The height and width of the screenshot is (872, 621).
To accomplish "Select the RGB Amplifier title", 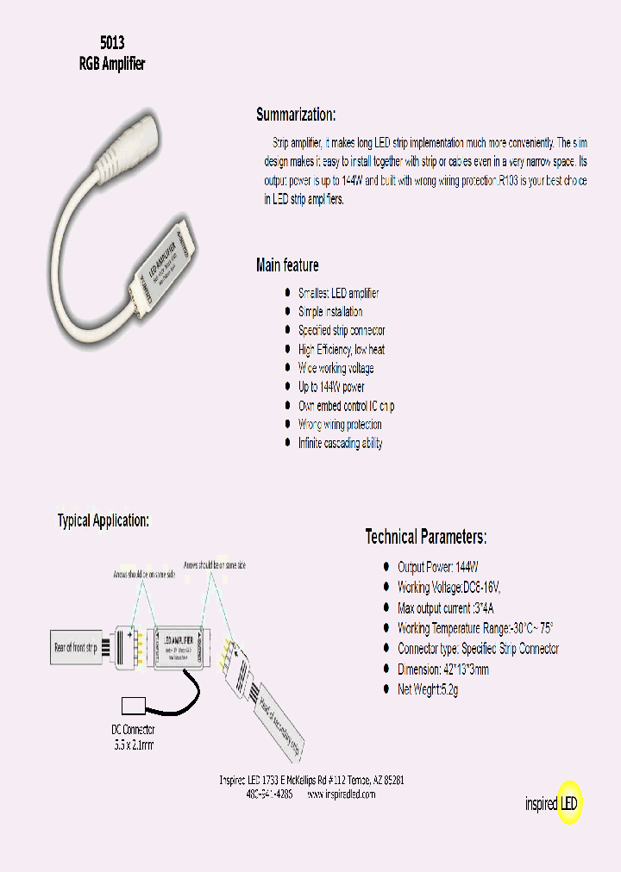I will click(x=112, y=65).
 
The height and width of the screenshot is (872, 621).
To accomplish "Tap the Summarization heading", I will click(x=296, y=115).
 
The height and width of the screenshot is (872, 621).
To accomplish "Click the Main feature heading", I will click(x=287, y=265).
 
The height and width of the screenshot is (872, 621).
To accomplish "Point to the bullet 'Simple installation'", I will click(x=330, y=312).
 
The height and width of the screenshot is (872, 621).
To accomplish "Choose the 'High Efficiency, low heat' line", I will click(x=342, y=350).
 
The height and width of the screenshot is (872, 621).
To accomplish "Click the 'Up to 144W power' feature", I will click(x=331, y=387).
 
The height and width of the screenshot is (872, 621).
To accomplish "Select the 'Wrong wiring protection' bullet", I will click(x=340, y=425).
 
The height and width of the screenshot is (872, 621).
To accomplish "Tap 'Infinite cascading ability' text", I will click(x=341, y=444).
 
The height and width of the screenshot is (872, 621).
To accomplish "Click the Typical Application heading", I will click(x=103, y=520).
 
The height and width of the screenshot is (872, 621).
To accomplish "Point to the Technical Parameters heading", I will click(x=426, y=538).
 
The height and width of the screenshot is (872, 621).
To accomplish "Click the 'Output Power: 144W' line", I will click(x=437, y=567).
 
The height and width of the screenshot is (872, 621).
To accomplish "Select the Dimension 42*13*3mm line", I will click(x=443, y=670).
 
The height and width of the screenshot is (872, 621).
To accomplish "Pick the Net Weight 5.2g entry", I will click(x=428, y=690).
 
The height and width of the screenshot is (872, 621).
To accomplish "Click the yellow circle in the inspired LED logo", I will click(x=570, y=803).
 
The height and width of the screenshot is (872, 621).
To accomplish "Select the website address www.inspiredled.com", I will click(x=342, y=794).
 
